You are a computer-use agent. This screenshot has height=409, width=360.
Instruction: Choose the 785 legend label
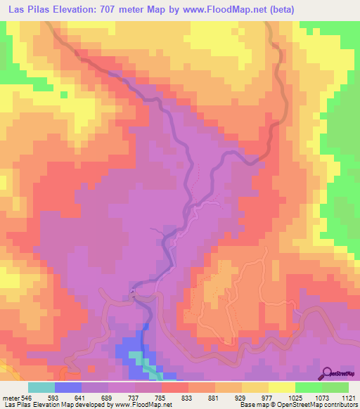click(160, 398)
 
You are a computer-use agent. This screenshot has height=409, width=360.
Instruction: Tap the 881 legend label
click(213, 398)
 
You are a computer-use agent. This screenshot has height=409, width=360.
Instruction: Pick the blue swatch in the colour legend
click(67, 387)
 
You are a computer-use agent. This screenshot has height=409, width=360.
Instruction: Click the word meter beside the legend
click(11, 398)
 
